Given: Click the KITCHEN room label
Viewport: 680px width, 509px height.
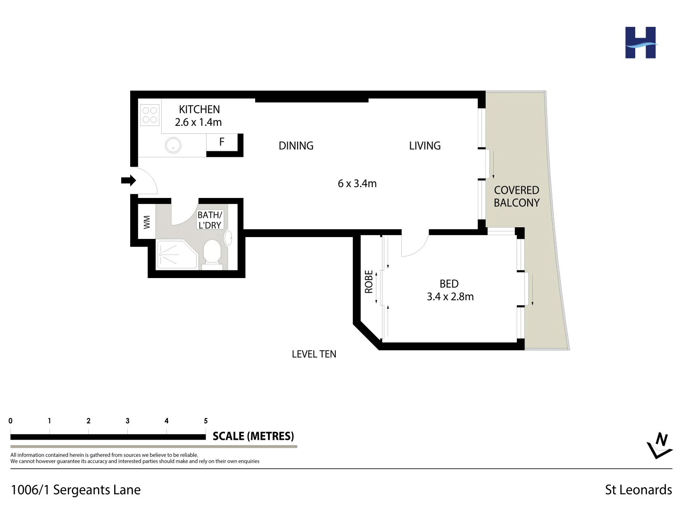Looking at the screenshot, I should pos(199,109).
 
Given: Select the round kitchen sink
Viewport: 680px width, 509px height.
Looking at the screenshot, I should pos(173,146).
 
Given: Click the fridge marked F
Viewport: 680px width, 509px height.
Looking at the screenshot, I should pos(222,142).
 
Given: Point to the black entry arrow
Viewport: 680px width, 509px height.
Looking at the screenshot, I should pos(128,181).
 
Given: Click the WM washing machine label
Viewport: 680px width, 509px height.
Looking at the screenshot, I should pos(147,222).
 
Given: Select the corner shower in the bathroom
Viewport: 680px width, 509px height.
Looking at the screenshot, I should pos(175,255).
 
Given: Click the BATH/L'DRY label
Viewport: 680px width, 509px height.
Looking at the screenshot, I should pos(209,220).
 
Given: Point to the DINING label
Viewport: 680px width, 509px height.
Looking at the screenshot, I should pos(296,146).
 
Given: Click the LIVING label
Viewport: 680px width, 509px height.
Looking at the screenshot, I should pos(424,146).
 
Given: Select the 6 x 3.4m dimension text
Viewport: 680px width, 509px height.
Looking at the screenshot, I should pos(357,184).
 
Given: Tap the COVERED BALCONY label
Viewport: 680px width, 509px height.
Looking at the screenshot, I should pos(516,197).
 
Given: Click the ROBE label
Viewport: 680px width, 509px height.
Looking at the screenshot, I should pos(369,281).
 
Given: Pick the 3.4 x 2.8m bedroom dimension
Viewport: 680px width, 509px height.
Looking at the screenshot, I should pos(450,297).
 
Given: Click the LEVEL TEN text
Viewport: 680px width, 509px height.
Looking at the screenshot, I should pos(314,354).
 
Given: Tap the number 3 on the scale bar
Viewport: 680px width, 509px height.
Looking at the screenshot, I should pos(127,421).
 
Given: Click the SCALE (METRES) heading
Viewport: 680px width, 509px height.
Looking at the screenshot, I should pos(253,436).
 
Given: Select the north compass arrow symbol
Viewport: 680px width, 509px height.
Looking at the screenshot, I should pos(659,445).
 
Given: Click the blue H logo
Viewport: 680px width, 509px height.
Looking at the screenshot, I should pos(640,43).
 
